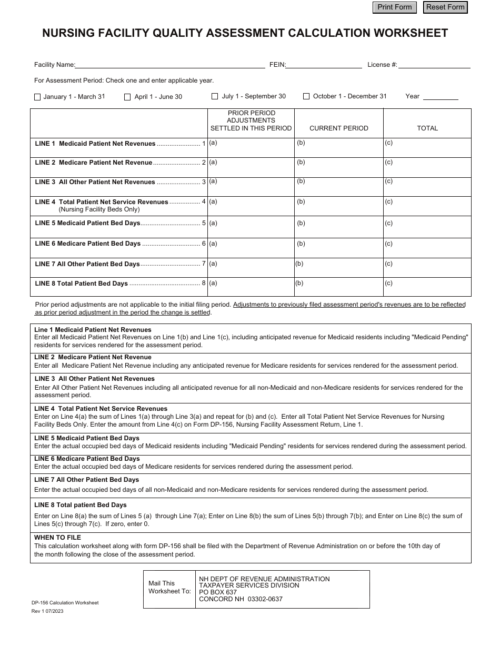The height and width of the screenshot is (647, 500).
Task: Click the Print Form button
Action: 394,7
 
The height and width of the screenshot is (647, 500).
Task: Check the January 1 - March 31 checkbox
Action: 37,97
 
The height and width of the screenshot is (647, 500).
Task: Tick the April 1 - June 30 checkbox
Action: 127,97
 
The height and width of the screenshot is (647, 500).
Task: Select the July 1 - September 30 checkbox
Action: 215,97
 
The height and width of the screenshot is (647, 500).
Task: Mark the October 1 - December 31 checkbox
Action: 306,97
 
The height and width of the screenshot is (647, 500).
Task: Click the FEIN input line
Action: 324,65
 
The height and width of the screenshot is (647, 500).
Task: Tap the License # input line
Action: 434,65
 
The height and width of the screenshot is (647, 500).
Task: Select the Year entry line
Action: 441,96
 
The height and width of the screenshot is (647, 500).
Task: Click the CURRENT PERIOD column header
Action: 338,128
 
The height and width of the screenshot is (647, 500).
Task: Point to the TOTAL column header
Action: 427,128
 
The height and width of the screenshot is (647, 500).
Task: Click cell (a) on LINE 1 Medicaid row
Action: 251,147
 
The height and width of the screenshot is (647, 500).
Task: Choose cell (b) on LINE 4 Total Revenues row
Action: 338,206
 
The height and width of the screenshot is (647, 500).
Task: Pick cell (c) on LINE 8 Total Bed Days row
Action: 427,287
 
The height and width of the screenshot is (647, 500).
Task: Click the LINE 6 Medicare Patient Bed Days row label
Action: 88,244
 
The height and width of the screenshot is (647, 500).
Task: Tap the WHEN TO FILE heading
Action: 57,538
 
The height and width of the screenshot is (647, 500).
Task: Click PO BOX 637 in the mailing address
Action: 218,592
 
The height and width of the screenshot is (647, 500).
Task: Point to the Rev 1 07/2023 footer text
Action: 47,611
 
